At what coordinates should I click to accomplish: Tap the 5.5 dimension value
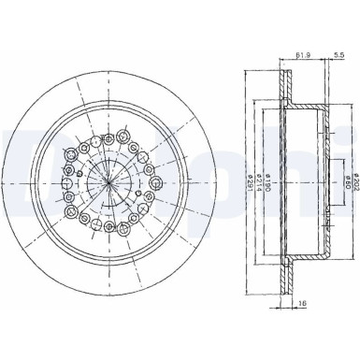point(338,56)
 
